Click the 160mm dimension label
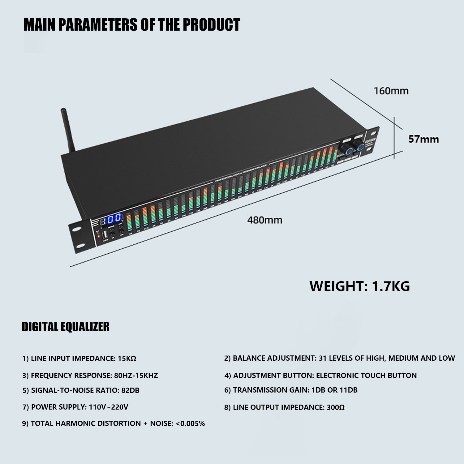coord(391,91)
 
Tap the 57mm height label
coord(423,139)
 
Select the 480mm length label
coord(265,220)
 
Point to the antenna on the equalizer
coord(68,130)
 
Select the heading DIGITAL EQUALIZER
coord(66,327)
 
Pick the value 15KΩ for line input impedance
coord(127,359)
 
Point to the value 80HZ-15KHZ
coord(136,376)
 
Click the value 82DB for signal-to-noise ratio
coord(130,390)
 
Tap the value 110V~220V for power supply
coord(108,407)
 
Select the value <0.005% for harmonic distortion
coord(190,423)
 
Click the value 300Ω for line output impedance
coord(336,407)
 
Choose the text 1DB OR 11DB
coord(334,390)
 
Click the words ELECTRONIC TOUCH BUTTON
coord(366,376)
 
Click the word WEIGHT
coord(338,286)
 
